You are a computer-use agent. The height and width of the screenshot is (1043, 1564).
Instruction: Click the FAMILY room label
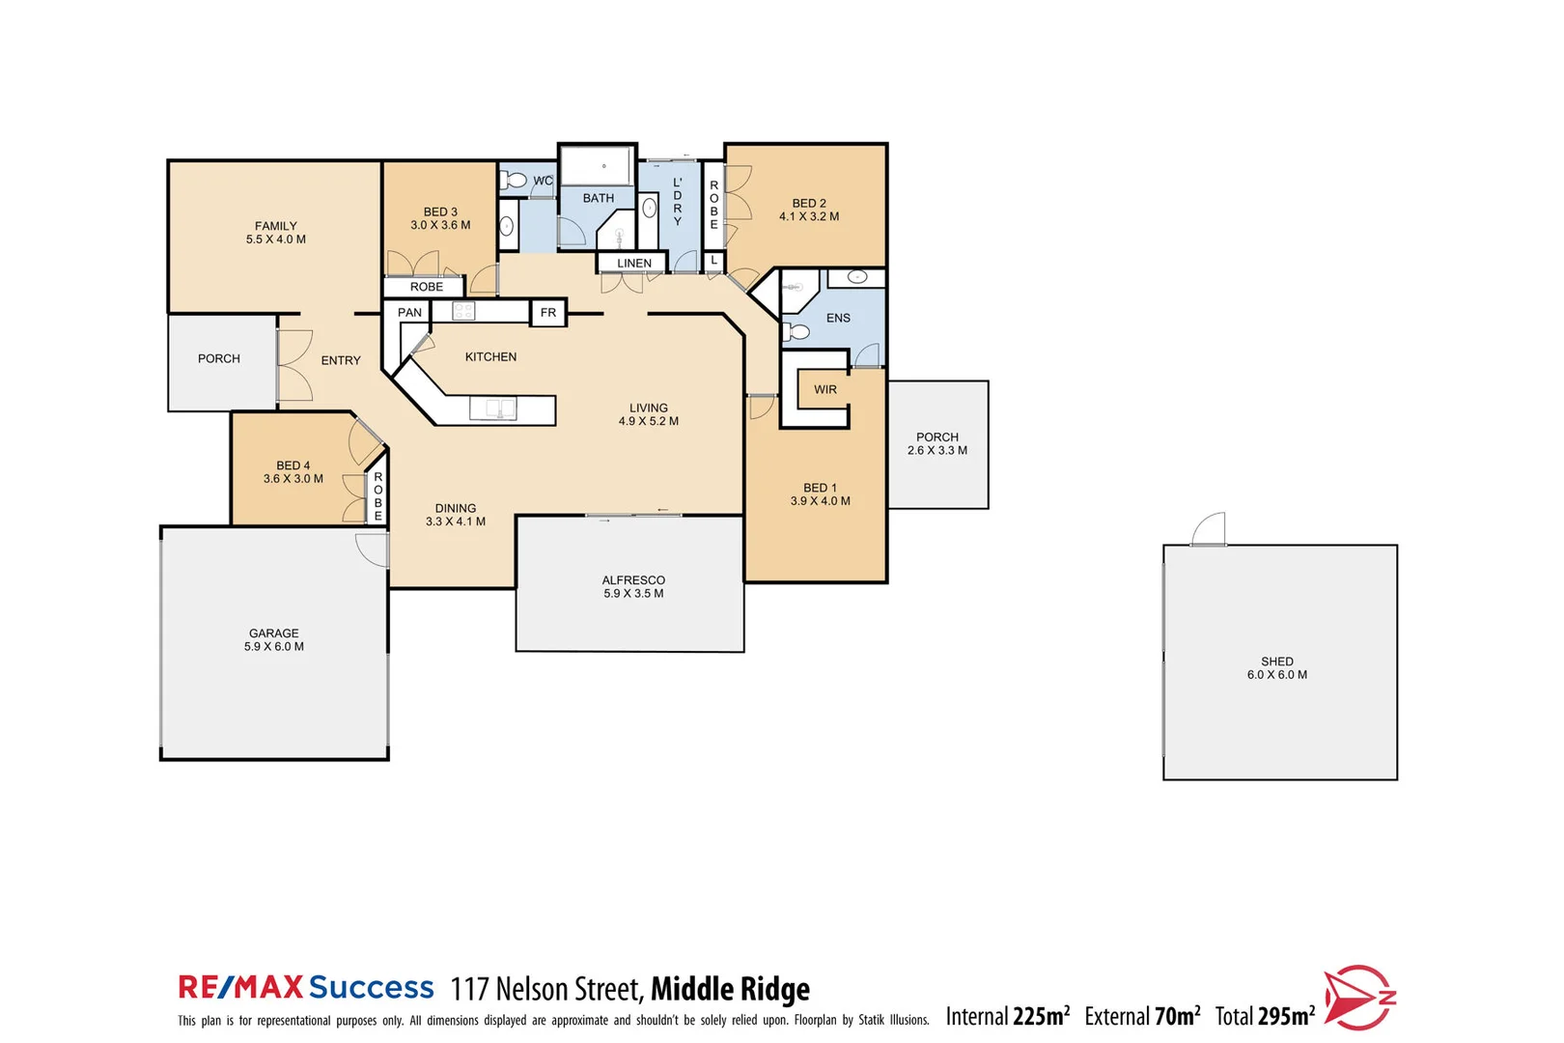point(276,226)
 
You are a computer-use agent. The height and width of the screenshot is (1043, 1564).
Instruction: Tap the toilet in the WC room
point(515,180)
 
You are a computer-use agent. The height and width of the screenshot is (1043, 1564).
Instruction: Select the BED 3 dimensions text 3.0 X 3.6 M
point(440,225)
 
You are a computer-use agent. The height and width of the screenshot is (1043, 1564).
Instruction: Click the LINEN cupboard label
point(634,263)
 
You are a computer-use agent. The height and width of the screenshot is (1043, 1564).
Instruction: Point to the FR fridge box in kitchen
point(548,313)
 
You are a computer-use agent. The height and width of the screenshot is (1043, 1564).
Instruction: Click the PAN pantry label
point(409,313)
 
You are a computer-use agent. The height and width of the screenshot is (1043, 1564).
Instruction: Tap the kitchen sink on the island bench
point(492,409)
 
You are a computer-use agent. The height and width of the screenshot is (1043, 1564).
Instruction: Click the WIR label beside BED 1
point(825,389)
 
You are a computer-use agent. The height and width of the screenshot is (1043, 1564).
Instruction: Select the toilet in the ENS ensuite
point(797,332)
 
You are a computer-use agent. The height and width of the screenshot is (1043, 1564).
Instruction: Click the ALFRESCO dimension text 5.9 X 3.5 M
point(633,594)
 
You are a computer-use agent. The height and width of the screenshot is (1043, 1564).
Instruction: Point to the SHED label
point(1277,662)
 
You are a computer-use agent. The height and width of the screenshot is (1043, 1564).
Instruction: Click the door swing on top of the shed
point(1210,529)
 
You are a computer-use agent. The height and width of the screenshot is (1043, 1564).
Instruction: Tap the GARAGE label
point(274,634)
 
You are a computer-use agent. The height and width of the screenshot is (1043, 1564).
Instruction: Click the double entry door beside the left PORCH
point(293,366)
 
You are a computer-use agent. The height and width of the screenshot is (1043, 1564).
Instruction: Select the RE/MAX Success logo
point(306,987)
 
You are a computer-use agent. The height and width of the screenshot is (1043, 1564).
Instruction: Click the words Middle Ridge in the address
point(730,989)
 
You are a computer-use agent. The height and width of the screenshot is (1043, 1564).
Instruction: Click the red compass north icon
point(1357,998)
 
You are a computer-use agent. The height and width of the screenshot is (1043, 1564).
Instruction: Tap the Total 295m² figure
point(1265,1016)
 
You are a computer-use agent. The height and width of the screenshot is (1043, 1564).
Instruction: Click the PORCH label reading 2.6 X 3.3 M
point(937,450)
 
